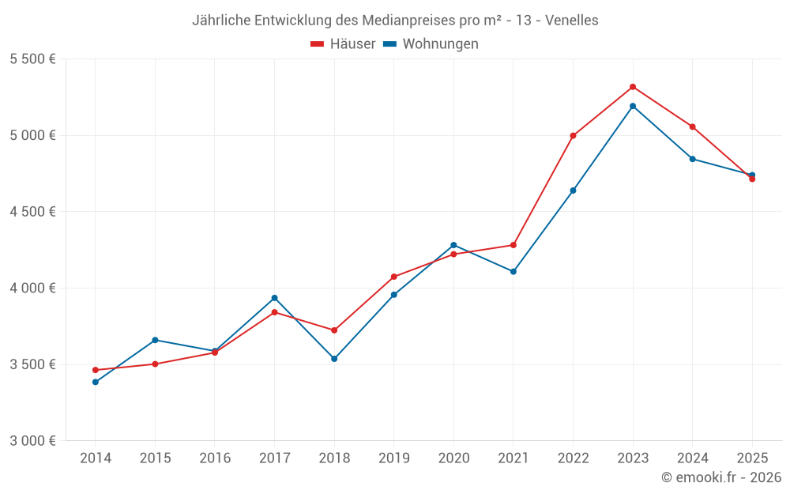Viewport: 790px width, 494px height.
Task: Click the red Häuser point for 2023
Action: coord(633,87)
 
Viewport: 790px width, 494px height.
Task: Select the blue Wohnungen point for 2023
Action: coord(633,106)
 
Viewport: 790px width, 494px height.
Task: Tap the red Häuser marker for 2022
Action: coord(573,136)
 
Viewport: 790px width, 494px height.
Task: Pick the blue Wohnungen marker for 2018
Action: coord(334,359)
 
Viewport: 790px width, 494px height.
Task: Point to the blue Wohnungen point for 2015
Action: coord(155,340)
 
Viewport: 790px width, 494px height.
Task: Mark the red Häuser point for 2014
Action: coord(96,370)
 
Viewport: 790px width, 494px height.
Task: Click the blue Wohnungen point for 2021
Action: coord(513,272)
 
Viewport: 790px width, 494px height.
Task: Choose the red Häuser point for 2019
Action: coord(394,277)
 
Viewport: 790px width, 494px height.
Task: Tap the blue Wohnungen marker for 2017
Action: coord(274,298)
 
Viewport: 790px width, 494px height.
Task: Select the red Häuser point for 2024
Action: coord(693,126)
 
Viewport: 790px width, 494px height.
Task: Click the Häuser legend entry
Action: coord(343,44)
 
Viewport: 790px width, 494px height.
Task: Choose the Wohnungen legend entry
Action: coord(431,44)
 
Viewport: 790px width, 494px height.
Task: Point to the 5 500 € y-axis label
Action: coord(32,59)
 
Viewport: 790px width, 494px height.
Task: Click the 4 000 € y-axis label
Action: coord(32,288)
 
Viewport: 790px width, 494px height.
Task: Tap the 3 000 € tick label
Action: coord(32,441)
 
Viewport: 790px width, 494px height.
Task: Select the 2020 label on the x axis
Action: coord(453,458)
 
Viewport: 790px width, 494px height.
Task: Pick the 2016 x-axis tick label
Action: coord(215,458)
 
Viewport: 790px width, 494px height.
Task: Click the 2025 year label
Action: coord(752,458)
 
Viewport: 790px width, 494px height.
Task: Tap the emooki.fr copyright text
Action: coord(721,477)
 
